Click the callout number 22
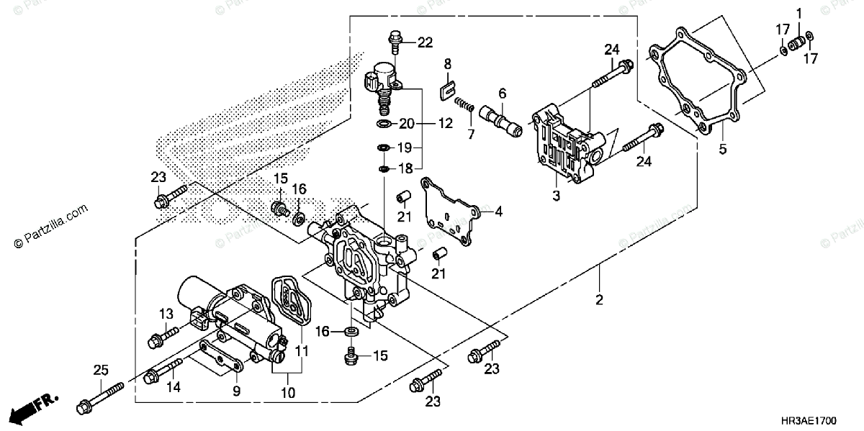[426, 42]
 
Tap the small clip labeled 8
[446, 89]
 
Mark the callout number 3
[554, 196]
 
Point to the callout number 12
[446, 123]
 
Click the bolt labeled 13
[163, 335]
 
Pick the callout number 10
[288, 393]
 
